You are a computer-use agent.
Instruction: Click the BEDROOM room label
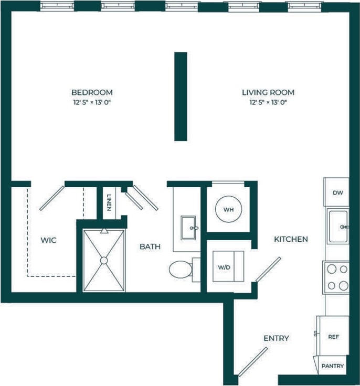(92, 92)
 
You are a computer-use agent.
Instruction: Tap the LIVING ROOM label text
(268, 92)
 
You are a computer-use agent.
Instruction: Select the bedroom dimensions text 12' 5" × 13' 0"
(92, 103)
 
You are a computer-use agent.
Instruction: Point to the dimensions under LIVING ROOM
(268, 103)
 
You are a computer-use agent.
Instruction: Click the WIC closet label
(48, 240)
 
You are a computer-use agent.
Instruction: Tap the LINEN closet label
(109, 203)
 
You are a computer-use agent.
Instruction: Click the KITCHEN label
(291, 239)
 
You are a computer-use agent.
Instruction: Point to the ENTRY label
(276, 338)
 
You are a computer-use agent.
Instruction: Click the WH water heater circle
(228, 209)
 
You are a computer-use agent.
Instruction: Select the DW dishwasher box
(337, 192)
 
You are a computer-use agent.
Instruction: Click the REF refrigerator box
(333, 336)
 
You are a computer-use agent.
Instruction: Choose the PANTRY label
(333, 366)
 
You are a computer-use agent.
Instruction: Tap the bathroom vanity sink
(188, 228)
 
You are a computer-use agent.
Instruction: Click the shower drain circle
(104, 260)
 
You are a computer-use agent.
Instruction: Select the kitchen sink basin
(337, 226)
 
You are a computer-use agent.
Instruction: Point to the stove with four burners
(336, 277)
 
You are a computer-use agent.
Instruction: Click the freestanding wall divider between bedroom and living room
(181, 97)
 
